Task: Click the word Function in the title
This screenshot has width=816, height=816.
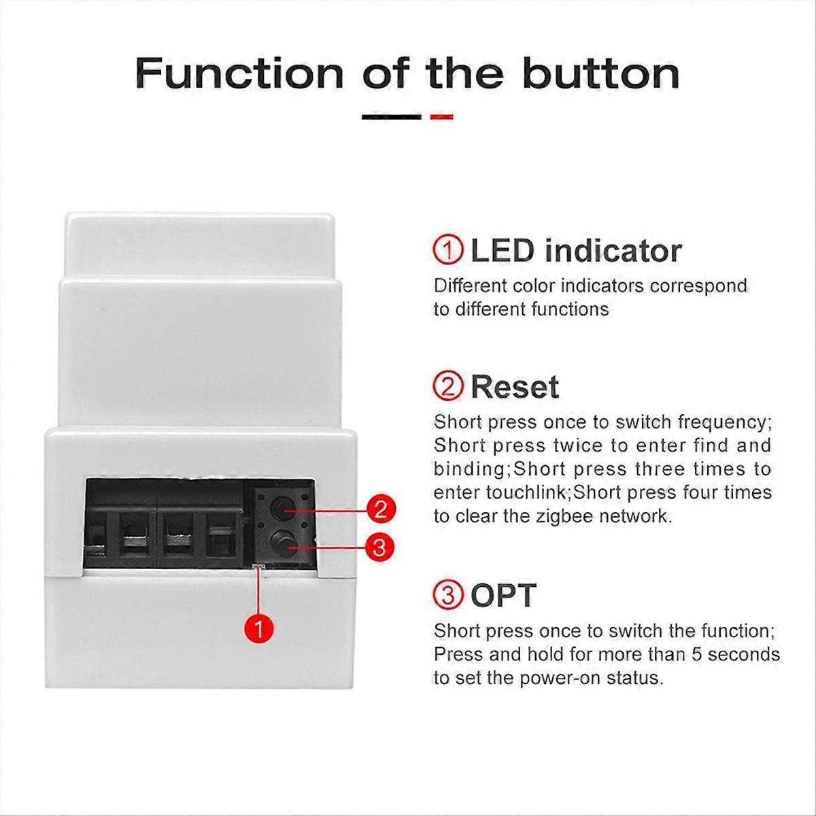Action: click(239, 73)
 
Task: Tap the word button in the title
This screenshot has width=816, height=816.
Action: click(601, 73)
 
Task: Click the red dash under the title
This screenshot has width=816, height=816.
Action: click(442, 117)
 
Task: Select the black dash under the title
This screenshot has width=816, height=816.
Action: click(391, 117)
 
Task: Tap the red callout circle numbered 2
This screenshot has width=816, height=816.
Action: click(380, 509)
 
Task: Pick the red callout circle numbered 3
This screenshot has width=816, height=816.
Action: click(380, 546)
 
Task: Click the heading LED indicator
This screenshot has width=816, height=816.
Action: click(575, 251)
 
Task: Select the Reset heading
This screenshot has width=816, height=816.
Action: click(514, 387)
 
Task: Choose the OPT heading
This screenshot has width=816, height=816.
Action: click(503, 596)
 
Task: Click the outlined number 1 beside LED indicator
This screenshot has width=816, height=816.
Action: click(448, 251)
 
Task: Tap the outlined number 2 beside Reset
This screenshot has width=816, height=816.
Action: click(448, 387)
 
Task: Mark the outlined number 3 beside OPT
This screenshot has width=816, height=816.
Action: click(448, 596)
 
